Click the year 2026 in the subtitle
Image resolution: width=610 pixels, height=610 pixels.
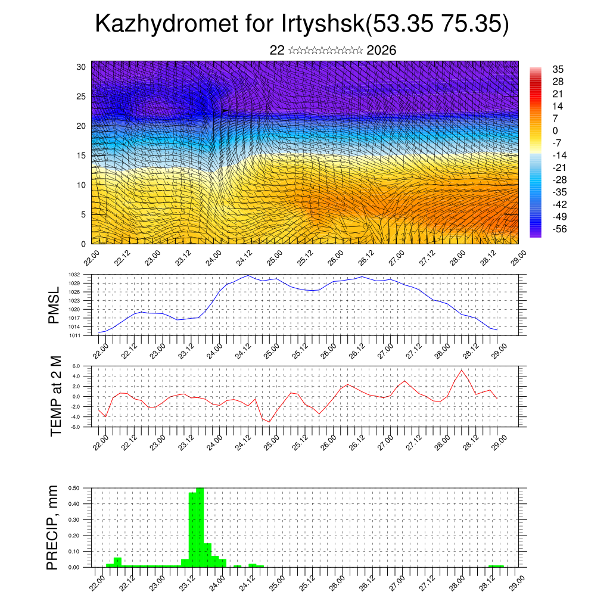tap(382, 51)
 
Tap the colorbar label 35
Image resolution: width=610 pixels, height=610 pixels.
tap(558, 69)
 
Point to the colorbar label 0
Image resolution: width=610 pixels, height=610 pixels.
tap(555, 130)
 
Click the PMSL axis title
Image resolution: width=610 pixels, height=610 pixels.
tap(54, 306)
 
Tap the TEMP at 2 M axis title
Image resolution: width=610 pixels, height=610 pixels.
tap(56, 397)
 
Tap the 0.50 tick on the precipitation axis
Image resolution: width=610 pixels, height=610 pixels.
tap(74, 488)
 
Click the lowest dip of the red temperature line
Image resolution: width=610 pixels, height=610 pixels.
tap(269, 422)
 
